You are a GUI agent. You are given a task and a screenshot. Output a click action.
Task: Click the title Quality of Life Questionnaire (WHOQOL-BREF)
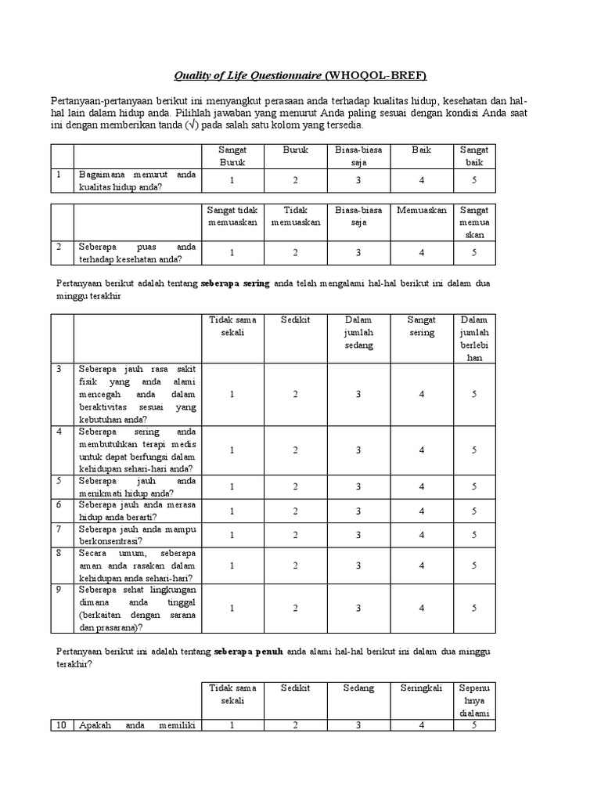(300, 75)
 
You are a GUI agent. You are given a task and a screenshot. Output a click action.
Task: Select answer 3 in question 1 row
(358, 180)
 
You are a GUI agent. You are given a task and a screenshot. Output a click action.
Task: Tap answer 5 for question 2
(473, 252)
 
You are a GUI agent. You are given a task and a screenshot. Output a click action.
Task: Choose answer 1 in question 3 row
(232, 395)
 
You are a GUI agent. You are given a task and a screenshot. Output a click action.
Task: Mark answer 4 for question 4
(422, 450)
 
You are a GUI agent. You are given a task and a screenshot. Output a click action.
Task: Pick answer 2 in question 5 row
(296, 486)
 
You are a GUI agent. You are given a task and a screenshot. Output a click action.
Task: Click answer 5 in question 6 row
(473, 511)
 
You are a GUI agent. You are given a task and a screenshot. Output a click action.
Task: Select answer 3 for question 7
(358, 535)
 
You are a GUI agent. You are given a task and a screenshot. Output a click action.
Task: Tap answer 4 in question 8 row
(422, 565)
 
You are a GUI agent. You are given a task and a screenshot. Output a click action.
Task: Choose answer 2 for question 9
(296, 608)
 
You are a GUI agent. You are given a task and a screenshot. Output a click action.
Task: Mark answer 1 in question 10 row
(232, 725)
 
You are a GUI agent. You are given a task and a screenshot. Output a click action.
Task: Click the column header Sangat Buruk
(232, 156)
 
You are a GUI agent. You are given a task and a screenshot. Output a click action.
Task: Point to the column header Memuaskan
(422, 210)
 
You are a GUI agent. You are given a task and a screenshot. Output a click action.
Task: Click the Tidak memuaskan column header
(296, 216)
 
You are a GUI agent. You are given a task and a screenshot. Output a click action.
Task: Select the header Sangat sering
(422, 326)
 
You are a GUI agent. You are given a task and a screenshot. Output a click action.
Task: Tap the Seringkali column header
(422, 688)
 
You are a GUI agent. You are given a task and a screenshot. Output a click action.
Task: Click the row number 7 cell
(59, 529)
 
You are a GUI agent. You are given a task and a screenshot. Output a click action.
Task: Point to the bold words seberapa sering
(235, 283)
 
